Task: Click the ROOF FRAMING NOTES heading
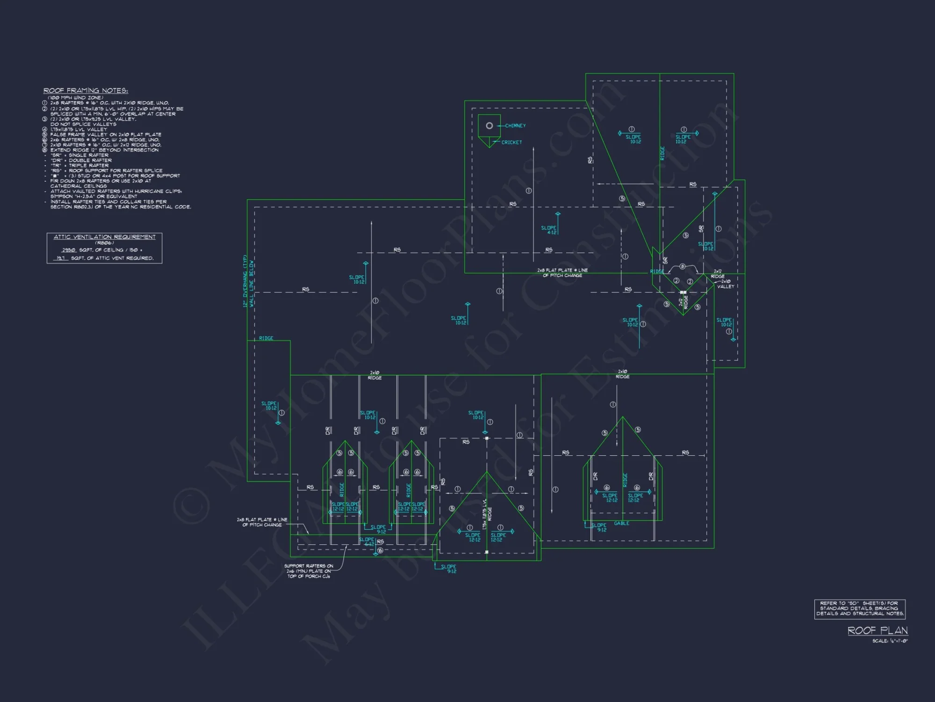[x=86, y=90]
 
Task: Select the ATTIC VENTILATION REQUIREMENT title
[x=104, y=237]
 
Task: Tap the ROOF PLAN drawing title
[x=877, y=630]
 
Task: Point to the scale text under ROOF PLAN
[x=890, y=641]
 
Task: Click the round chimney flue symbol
[x=489, y=125]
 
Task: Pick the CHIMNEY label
[x=515, y=125]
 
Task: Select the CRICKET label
[x=511, y=142]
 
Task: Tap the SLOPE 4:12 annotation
[x=549, y=230]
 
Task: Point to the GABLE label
[x=621, y=523]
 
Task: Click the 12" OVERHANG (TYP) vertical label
[x=245, y=281]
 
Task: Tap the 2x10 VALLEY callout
[x=726, y=284]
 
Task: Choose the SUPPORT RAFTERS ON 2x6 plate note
[x=309, y=571]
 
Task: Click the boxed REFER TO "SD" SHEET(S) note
[x=860, y=608]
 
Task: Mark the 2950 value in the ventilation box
[x=69, y=250]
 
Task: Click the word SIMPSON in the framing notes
[x=63, y=196]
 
